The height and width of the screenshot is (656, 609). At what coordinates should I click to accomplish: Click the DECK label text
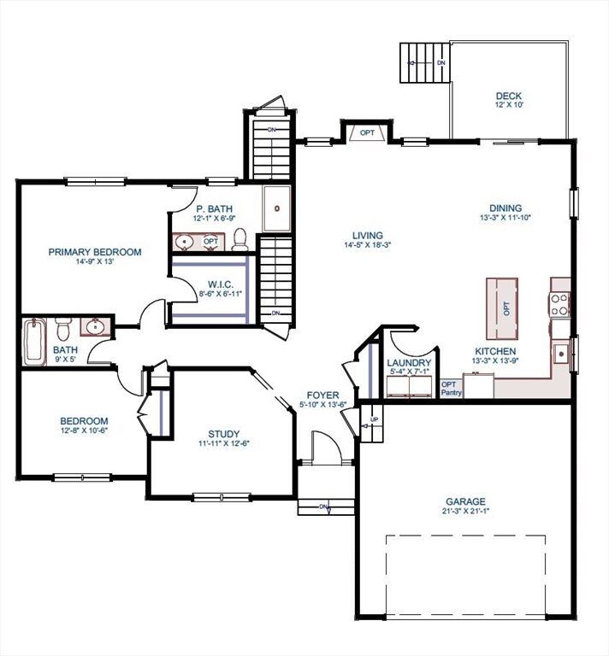click(508, 96)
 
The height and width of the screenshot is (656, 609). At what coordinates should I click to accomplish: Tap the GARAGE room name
click(465, 501)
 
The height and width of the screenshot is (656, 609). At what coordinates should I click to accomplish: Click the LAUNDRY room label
click(409, 361)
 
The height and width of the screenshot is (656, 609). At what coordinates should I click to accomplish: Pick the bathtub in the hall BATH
click(33, 341)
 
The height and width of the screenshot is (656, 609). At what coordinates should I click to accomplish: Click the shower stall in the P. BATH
click(276, 208)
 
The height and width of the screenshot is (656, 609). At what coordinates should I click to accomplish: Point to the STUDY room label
click(224, 433)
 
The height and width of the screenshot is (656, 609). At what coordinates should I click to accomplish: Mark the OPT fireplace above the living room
click(367, 132)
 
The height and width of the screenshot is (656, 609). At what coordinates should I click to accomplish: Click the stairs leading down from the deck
click(423, 62)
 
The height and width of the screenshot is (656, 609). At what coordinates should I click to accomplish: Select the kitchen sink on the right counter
click(560, 351)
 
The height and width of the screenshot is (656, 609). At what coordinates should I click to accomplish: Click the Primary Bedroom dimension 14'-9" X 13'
click(94, 262)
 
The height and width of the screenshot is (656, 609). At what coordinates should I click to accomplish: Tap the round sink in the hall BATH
click(94, 327)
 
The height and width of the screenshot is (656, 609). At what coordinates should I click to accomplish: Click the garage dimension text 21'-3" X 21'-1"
click(465, 512)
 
